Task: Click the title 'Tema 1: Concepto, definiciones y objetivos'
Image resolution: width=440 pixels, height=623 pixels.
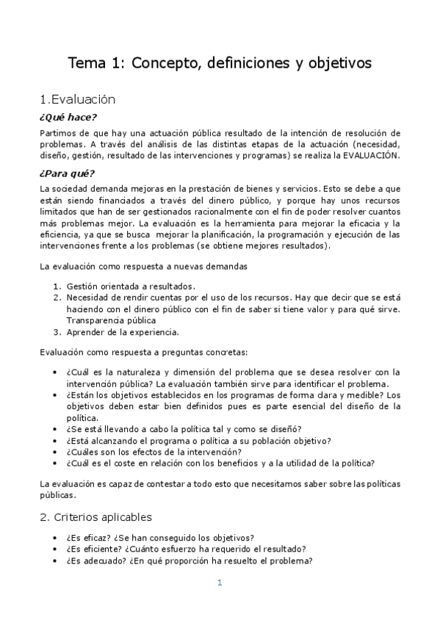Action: click(220, 63)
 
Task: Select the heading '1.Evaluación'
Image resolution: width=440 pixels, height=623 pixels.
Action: click(79, 99)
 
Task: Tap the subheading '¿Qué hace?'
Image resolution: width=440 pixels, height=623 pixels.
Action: click(68, 117)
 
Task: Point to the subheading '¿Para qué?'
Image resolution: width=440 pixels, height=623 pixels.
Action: click(67, 173)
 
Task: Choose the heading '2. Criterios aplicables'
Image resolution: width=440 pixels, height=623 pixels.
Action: click(95, 517)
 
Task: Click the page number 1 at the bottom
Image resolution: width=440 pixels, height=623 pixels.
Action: click(219, 583)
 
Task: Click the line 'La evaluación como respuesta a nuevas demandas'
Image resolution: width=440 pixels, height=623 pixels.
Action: click(143, 265)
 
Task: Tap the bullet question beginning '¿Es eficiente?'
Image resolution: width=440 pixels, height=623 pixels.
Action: click(186, 549)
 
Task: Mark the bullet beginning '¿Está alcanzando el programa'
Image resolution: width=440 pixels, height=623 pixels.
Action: click(198, 441)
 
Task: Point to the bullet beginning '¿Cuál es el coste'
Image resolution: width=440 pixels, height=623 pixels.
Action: click(220, 463)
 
